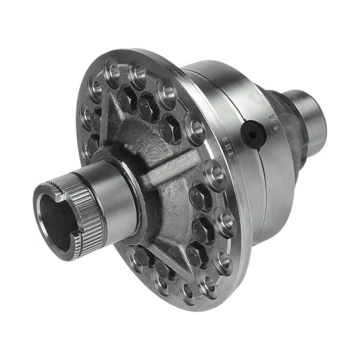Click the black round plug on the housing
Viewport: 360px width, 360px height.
click(x=252, y=134)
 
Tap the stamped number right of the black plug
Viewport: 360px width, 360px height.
click(x=273, y=122)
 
